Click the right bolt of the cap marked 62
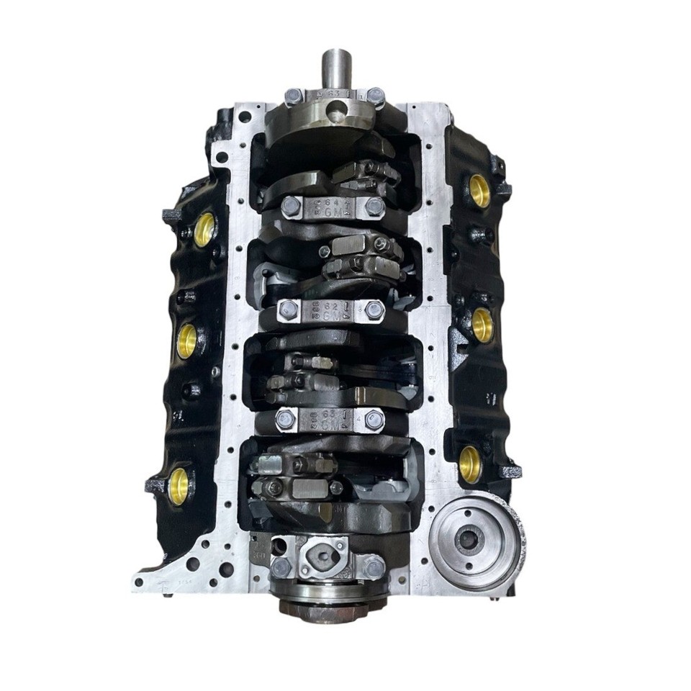(x=374, y=311)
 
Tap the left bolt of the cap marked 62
(x=288, y=311)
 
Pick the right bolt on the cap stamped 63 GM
(x=374, y=420)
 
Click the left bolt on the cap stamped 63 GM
(x=285, y=419)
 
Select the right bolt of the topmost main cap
(x=375, y=96)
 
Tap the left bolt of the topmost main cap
(x=293, y=96)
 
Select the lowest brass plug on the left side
(x=178, y=485)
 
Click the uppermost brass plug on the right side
(x=479, y=191)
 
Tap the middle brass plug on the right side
(x=482, y=325)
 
